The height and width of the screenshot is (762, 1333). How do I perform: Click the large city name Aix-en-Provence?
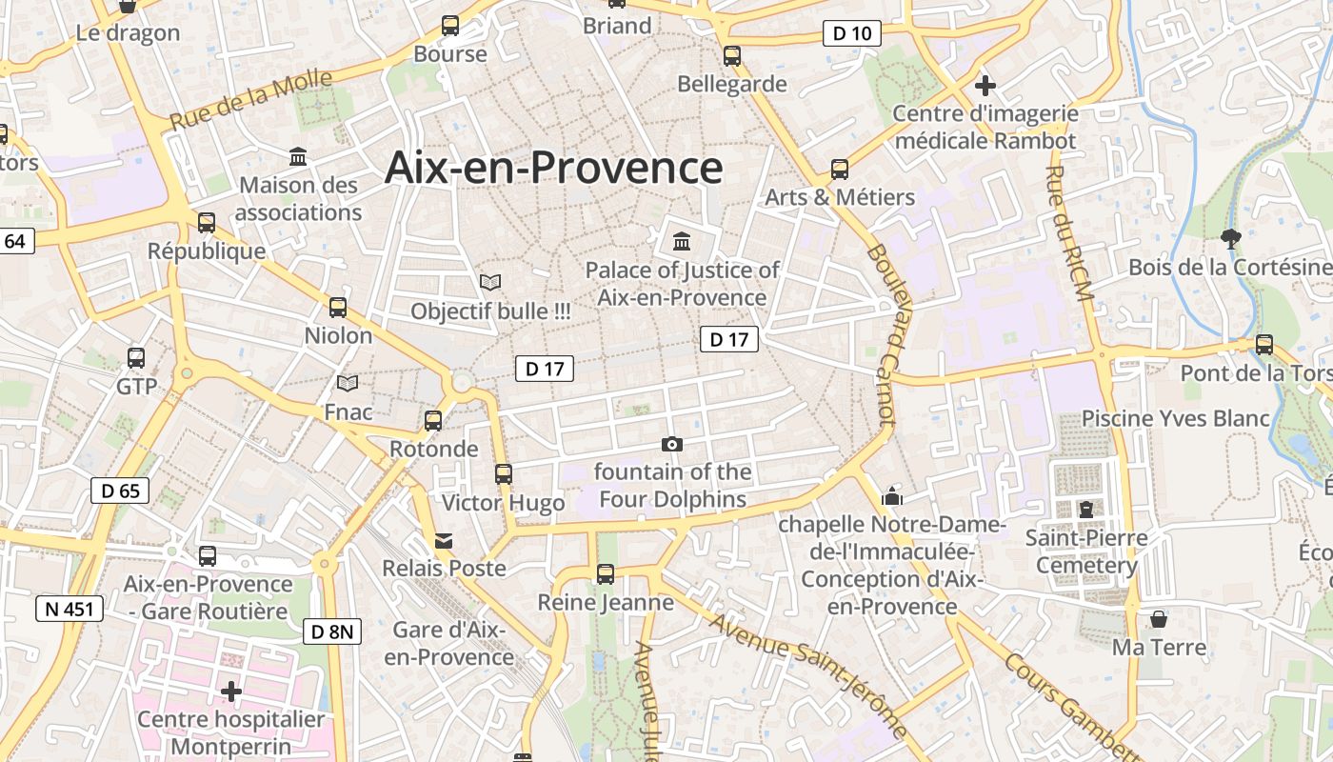coord(554,168)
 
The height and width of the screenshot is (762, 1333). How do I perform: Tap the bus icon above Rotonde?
coord(433,420)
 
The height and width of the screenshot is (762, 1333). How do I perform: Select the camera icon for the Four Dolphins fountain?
coord(672,444)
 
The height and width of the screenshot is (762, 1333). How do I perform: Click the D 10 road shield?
coord(851,34)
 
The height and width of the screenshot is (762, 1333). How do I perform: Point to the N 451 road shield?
coord(70,609)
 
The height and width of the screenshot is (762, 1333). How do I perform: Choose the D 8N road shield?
coord(333,631)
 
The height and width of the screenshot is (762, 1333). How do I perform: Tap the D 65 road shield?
coord(120,491)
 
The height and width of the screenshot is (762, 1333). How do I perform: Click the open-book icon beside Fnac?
coord(348,383)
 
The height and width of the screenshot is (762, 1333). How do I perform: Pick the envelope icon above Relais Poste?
coord(444,541)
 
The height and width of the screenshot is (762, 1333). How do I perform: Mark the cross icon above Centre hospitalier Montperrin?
coord(231,691)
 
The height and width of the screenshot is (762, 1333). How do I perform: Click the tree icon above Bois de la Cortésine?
coord(1230,238)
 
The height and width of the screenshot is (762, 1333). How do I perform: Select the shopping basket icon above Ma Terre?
coord(1159,619)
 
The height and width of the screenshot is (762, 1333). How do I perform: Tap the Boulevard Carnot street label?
coord(883,334)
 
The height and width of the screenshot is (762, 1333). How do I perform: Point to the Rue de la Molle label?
coord(251,100)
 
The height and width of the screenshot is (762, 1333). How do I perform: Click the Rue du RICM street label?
coord(1068,234)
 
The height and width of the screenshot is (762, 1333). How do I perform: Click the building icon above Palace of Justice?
coord(682,241)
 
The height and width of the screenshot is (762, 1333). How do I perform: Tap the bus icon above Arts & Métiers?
coord(839,169)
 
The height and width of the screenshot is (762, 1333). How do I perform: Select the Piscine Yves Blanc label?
coord(1176,418)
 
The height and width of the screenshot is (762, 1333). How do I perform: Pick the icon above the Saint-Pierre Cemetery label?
coord(1086,509)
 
